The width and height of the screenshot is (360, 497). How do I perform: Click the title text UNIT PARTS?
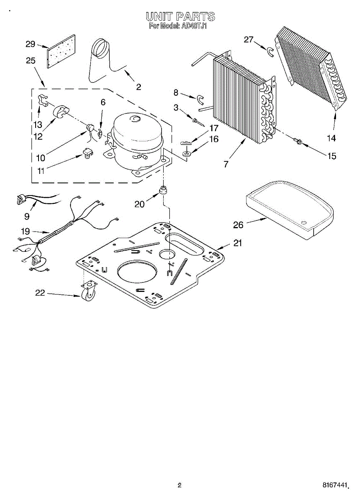tap(180, 17)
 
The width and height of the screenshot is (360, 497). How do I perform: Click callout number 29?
tap(30, 44)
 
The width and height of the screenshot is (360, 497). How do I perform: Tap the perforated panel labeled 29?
tap(60, 51)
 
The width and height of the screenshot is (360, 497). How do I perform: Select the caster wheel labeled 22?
tap(89, 294)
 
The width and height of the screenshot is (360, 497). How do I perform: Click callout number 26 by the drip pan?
tap(238, 224)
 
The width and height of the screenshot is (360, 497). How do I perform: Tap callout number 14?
tap(331, 138)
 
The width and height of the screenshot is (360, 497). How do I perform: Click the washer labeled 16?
tap(187, 154)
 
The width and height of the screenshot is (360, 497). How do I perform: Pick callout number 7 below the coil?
tap(226, 164)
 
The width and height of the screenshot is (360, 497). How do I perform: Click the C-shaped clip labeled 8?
tap(201, 99)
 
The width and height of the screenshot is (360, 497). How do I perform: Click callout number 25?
tap(30, 61)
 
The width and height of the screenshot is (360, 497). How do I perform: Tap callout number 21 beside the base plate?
tap(237, 243)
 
